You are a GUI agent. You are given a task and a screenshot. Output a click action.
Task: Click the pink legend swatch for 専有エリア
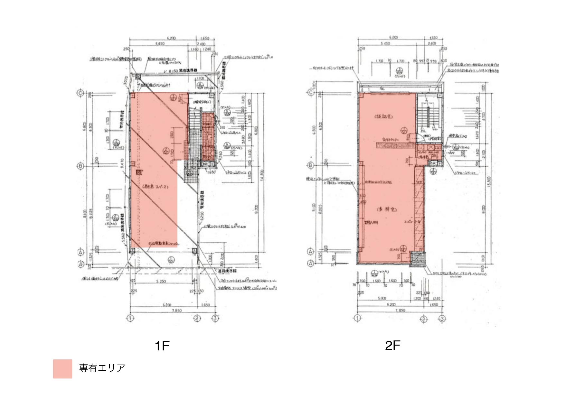tap(62, 369)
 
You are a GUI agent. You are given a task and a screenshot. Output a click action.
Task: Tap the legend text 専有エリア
tap(102, 368)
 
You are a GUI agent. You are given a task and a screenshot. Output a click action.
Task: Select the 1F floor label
tap(162, 346)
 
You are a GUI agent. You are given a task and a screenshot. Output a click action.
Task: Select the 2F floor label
tap(392, 346)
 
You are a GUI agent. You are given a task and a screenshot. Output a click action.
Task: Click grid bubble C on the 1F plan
tap(80, 93)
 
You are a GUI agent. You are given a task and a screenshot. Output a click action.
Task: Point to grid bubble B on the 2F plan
tap(310, 165)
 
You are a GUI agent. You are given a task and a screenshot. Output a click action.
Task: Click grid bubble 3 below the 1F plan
tap(215, 319)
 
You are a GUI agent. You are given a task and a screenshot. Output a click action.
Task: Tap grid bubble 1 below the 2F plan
tap(357, 319)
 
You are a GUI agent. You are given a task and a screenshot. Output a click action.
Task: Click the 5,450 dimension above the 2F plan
tap(385, 43)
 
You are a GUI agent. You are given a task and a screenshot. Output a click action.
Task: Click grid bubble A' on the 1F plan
tap(80, 264)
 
